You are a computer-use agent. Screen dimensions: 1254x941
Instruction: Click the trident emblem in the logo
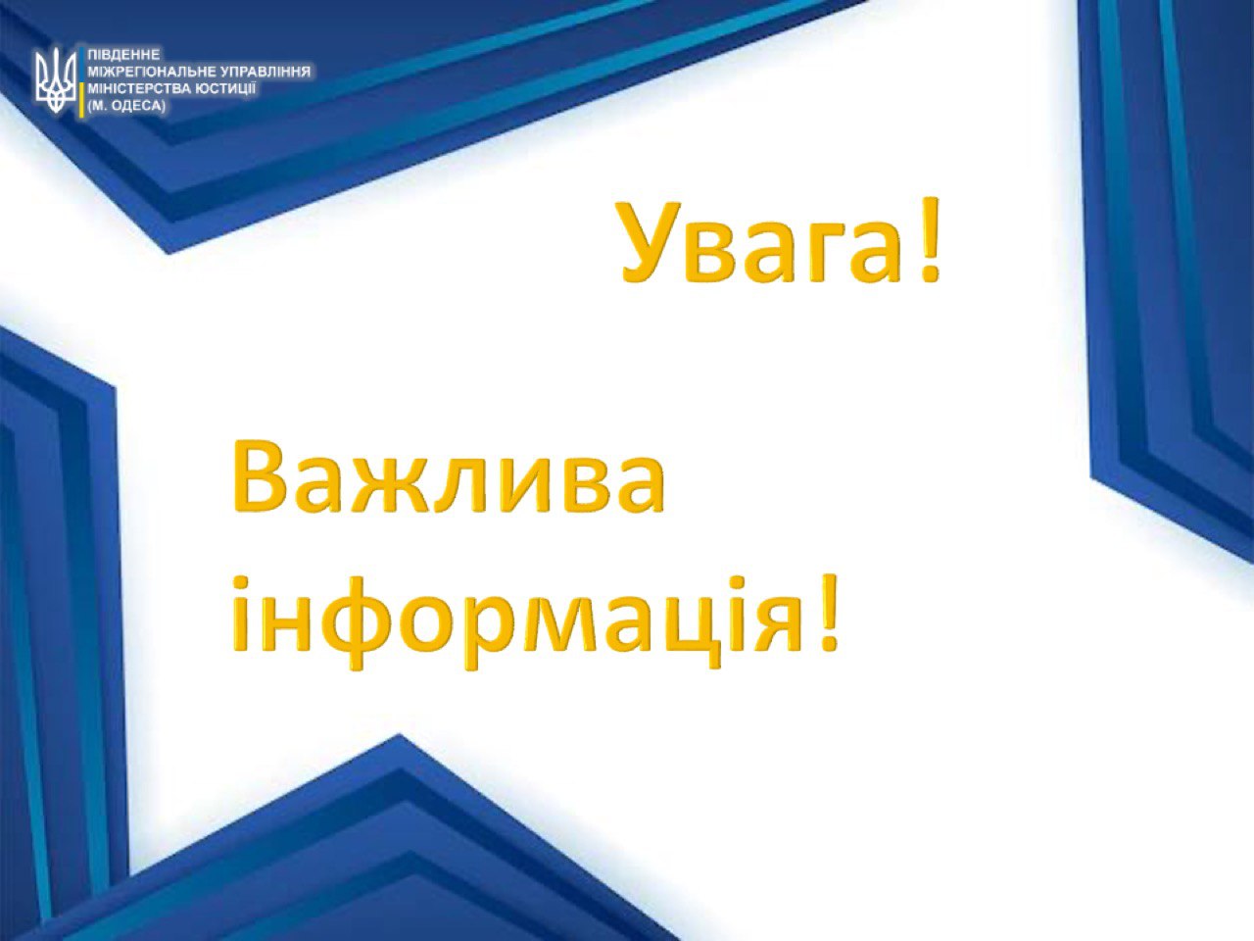[x=56, y=80]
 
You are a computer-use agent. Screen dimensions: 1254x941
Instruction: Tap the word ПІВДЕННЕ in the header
[x=123, y=55]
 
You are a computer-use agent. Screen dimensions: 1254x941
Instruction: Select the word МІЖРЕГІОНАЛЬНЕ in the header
[x=152, y=72]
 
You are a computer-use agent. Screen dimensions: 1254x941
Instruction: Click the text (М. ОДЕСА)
[x=126, y=106]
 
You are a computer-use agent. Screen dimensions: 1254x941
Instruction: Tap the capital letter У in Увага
[x=652, y=242]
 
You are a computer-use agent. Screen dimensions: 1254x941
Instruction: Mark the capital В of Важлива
[x=258, y=477]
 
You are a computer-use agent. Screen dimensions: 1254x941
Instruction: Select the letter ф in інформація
[x=357, y=620]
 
